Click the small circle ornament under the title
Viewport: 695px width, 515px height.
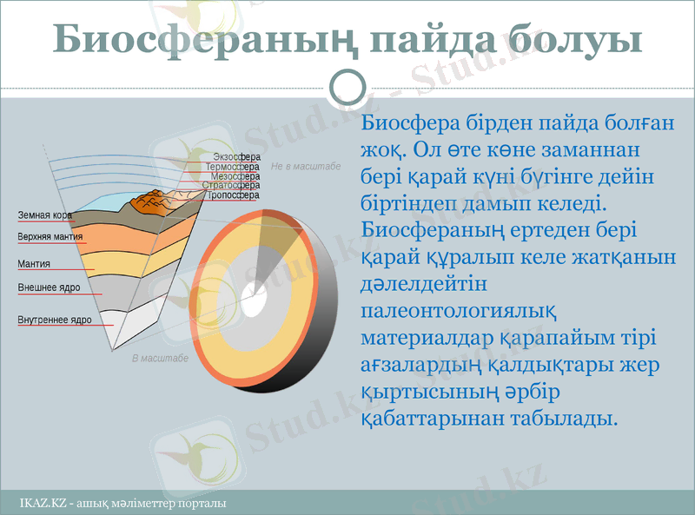pos(348,86)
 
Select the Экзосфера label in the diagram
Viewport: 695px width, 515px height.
pos(236,157)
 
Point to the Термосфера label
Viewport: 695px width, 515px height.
pos(233,167)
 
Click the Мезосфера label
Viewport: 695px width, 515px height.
pos(235,176)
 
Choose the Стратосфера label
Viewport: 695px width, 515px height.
pos(231,186)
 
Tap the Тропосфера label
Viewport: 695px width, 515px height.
pos(233,195)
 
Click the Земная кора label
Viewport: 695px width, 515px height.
pos(44,215)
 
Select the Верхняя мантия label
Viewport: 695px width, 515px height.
pos(50,236)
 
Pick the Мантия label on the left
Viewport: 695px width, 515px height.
pos(34,263)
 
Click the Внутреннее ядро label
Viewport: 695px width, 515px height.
pos(55,320)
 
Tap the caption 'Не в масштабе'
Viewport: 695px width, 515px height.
pos(306,167)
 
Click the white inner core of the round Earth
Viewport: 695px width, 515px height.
pos(254,305)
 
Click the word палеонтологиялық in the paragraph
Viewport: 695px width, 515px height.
pos(458,310)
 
